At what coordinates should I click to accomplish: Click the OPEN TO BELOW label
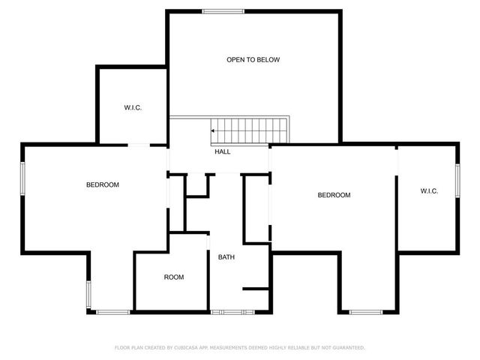[253, 59]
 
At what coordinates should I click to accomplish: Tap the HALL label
[223, 151]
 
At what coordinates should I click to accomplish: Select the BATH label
[226, 258]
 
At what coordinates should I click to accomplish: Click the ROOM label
[174, 277]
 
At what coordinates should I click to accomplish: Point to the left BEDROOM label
[102, 184]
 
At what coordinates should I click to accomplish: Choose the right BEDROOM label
[334, 195]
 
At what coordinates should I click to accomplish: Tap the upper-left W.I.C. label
[133, 108]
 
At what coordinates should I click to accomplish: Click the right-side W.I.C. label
[429, 191]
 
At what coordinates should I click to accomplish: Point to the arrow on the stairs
[214, 130]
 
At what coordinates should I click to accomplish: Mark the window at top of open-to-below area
[223, 10]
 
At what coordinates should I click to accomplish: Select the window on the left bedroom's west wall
[22, 178]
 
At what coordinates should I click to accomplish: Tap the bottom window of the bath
[227, 311]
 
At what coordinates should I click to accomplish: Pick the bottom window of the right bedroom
[366, 311]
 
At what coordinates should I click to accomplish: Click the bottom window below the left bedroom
[112, 311]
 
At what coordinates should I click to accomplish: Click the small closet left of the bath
[197, 187]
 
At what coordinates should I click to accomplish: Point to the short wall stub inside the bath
[255, 288]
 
